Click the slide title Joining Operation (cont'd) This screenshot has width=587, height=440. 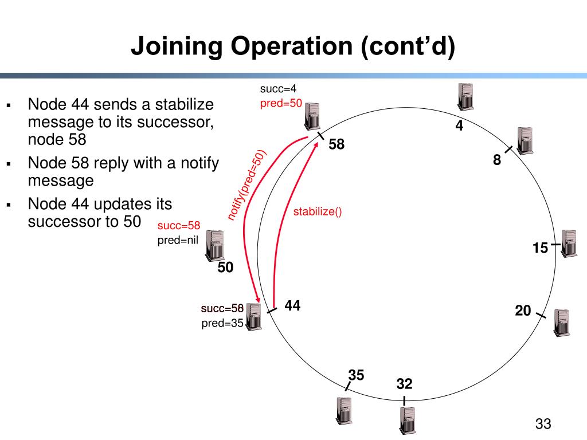click(x=293, y=46)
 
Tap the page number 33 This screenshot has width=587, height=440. click(x=543, y=424)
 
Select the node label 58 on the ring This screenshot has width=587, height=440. click(x=336, y=145)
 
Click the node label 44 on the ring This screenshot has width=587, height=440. click(x=292, y=306)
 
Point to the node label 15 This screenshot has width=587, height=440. click(x=540, y=248)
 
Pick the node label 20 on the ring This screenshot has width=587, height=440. click(x=523, y=311)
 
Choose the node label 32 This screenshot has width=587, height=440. click(x=404, y=383)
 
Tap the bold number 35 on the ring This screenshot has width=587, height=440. click(x=356, y=375)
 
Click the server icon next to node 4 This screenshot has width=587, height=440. click(x=465, y=96)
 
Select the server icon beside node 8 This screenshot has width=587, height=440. click(x=525, y=140)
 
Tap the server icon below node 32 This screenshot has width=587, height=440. click(x=407, y=421)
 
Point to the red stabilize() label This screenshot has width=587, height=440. click(x=318, y=212)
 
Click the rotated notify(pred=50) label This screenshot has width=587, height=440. click(x=248, y=184)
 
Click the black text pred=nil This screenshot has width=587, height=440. click(x=178, y=241)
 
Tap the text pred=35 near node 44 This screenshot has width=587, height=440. click(x=222, y=323)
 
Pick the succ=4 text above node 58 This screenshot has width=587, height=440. click(x=278, y=89)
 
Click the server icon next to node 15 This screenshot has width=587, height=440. click(x=569, y=243)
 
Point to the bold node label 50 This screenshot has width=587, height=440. click(x=225, y=267)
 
